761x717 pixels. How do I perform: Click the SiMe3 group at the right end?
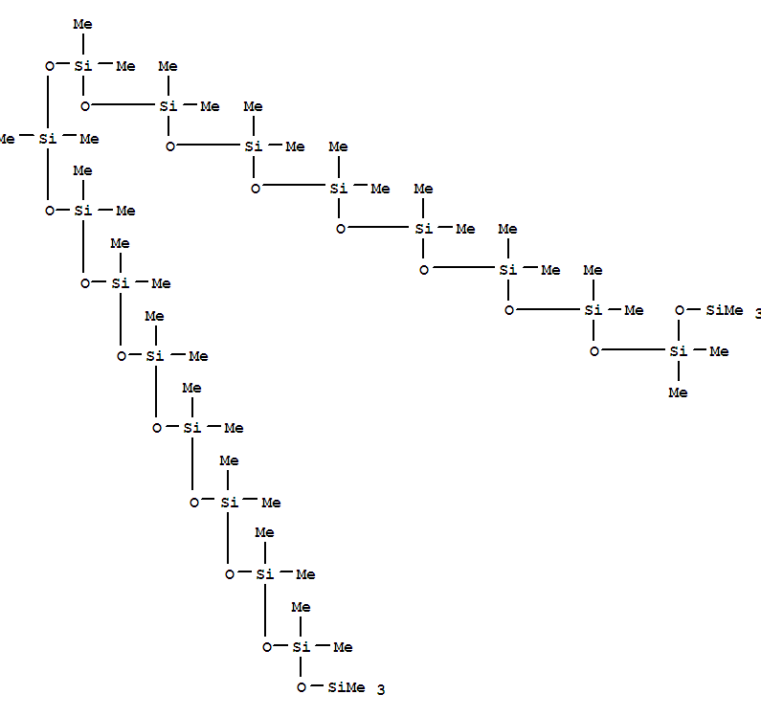click(724, 310)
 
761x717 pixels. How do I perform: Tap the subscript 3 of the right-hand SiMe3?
click(757, 314)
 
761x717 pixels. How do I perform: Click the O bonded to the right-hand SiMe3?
click(680, 310)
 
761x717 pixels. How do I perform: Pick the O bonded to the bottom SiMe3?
click(302, 687)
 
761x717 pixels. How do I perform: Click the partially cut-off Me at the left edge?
click(6, 139)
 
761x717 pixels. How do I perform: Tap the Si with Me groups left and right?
click(47, 139)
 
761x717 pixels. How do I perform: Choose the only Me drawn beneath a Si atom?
click(678, 392)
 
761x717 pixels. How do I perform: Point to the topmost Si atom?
click(83, 66)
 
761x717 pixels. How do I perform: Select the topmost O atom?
click(51, 66)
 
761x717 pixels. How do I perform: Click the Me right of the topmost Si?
click(124, 66)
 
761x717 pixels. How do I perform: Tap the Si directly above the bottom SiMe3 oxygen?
click(301, 647)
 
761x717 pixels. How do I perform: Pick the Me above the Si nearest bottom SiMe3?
click(301, 606)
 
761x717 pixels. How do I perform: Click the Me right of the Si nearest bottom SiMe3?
click(342, 647)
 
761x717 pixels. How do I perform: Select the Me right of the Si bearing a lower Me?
click(718, 351)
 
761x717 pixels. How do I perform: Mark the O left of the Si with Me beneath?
click(594, 351)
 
